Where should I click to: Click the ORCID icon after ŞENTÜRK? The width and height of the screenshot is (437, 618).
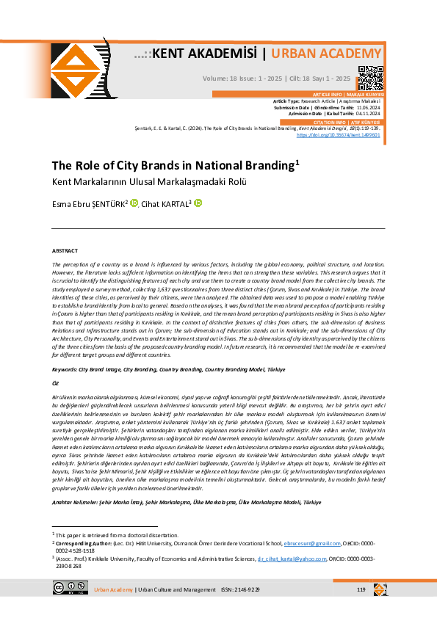click(x=134, y=203)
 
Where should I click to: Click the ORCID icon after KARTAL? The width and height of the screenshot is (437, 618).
click(x=198, y=203)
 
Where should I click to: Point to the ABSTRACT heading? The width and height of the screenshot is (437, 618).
click(x=65, y=250)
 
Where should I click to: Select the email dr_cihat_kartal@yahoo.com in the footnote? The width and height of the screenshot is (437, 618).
click(x=292, y=559)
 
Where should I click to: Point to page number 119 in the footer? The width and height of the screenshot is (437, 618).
click(x=361, y=589)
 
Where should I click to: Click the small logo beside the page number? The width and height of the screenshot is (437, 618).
click(x=380, y=589)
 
